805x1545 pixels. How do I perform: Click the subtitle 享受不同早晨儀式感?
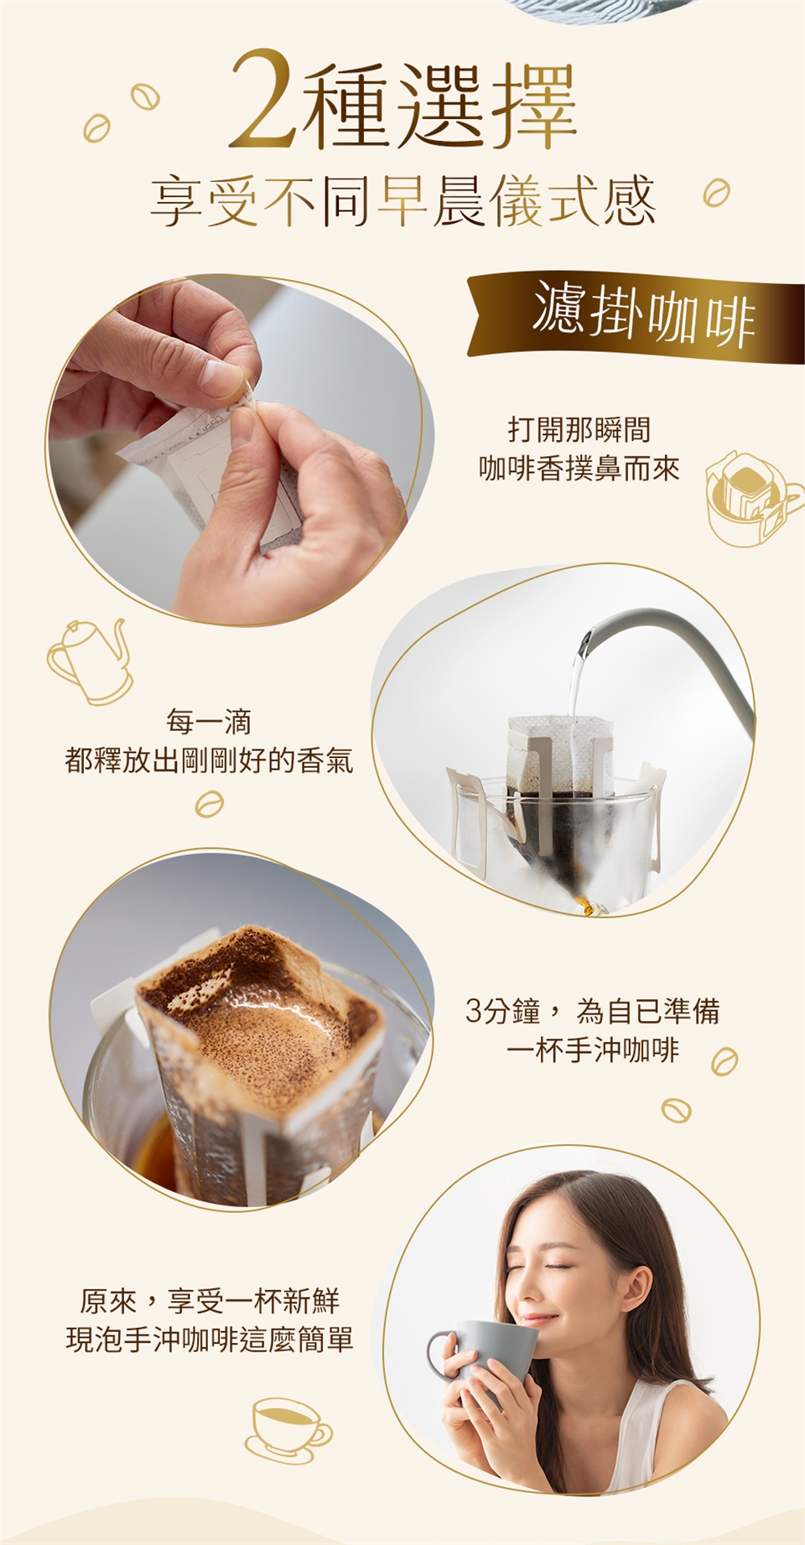[402, 201]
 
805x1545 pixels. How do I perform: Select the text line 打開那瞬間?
[579, 430]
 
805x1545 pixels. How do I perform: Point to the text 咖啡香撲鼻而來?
[579, 469]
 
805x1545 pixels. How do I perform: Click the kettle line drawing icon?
[91, 661]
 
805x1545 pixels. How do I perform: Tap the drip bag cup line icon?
[752, 500]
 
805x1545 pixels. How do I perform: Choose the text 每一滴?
[209, 721]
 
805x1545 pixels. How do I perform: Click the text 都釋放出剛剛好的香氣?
[209, 760]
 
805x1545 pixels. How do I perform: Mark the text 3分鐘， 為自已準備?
[593, 1012]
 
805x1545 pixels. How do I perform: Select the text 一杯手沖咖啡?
[593, 1050]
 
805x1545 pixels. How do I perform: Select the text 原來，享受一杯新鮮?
[210, 1301]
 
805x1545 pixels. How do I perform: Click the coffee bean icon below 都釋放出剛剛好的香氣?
[209, 806]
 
